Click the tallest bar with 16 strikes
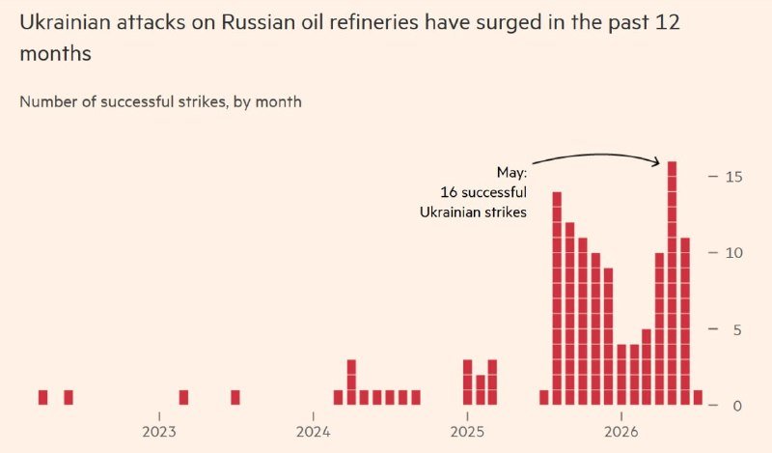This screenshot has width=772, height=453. pyautogui.click(x=672, y=283)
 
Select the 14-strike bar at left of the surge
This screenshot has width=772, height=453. pyautogui.click(x=557, y=298)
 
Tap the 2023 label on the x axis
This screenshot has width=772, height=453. pyautogui.click(x=159, y=433)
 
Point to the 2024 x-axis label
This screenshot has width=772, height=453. pyautogui.click(x=313, y=433)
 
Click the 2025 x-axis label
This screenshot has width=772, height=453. pyautogui.click(x=467, y=433)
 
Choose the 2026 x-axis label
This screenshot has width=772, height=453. pyautogui.click(x=621, y=433)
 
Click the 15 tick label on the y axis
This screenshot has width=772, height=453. pyautogui.click(x=733, y=177)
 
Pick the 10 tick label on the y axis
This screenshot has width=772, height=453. pyautogui.click(x=733, y=253)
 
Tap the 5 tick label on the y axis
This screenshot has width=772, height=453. pyautogui.click(x=737, y=329)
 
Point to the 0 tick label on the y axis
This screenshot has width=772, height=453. pyautogui.click(x=737, y=407)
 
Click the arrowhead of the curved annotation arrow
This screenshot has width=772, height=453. pyautogui.click(x=656, y=161)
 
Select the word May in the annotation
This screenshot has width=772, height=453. pyautogui.click(x=511, y=173)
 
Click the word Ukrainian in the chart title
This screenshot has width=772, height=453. pyautogui.click(x=65, y=22)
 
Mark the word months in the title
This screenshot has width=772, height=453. pyautogui.click(x=56, y=53)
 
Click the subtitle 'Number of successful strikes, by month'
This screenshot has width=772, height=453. pyautogui.click(x=160, y=102)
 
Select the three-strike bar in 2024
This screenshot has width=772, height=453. pyautogui.click(x=351, y=382)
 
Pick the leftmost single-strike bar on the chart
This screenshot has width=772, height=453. pyautogui.click(x=42, y=397)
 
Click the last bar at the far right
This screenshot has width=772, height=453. pyautogui.click(x=698, y=397)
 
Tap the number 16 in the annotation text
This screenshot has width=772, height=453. pyautogui.click(x=449, y=192)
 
